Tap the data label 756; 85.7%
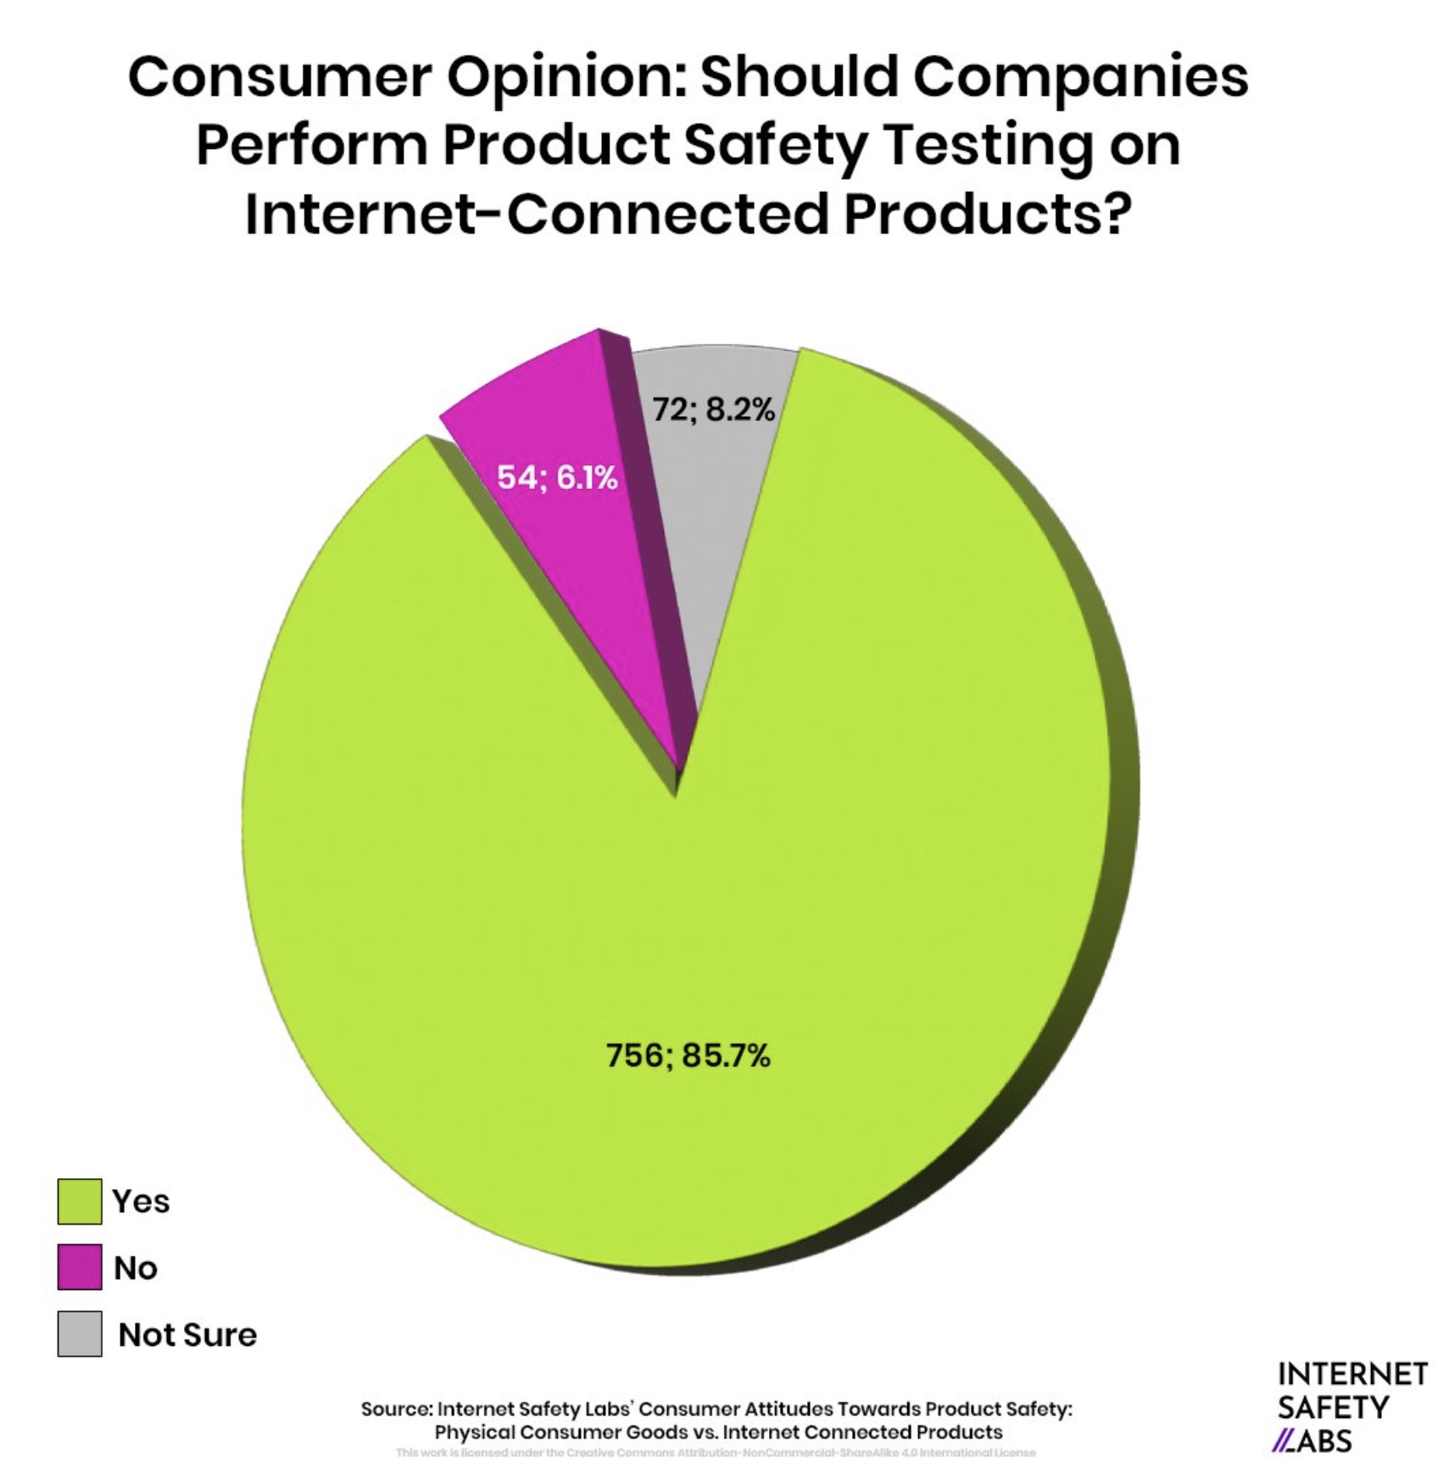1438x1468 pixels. (x=688, y=1056)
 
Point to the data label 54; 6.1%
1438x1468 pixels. (x=557, y=478)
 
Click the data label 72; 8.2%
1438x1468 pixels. (x=713, y=409)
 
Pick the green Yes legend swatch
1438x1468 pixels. (x=80, y=1201)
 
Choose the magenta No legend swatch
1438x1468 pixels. (x=80, y=1267)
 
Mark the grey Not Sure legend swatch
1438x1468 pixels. (x=80, y=1333)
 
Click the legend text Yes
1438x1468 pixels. (x=141, y=1201)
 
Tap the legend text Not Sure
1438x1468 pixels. (x=187, y=1334)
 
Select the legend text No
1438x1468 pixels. (x=136, y=1268)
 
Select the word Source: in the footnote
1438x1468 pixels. (x=396, y=1409)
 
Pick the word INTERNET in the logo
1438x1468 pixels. (x=1352, y=1374)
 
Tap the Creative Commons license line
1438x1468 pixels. (x=716, y=1452)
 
